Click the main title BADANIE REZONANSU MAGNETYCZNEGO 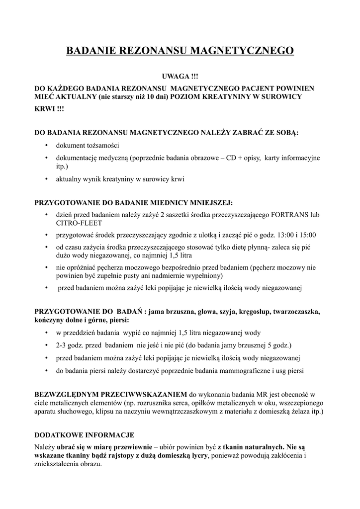point(180,50)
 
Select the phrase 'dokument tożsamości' point(88,145)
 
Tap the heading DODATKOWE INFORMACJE point(84,434)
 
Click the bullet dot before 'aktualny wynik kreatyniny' point(46,179)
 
